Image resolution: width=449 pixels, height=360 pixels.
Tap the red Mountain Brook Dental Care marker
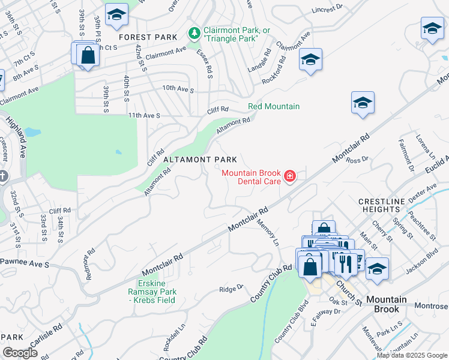pos(290,176)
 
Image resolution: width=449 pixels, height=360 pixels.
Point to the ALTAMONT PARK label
pos(200,160)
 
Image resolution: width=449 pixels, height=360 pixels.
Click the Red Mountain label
pos(274,107)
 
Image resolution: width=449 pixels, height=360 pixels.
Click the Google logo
pos(20,353)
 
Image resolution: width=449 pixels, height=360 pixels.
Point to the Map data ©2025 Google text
pos(412,355)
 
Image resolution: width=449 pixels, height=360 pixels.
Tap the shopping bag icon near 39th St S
pos(88,55)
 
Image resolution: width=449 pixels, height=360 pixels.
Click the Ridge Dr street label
pos(231,289)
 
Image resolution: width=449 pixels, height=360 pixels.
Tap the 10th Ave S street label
pos(178,89)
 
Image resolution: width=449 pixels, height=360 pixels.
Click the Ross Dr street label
pos(357,160)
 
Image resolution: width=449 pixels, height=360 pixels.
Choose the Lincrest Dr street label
pos(327,10)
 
